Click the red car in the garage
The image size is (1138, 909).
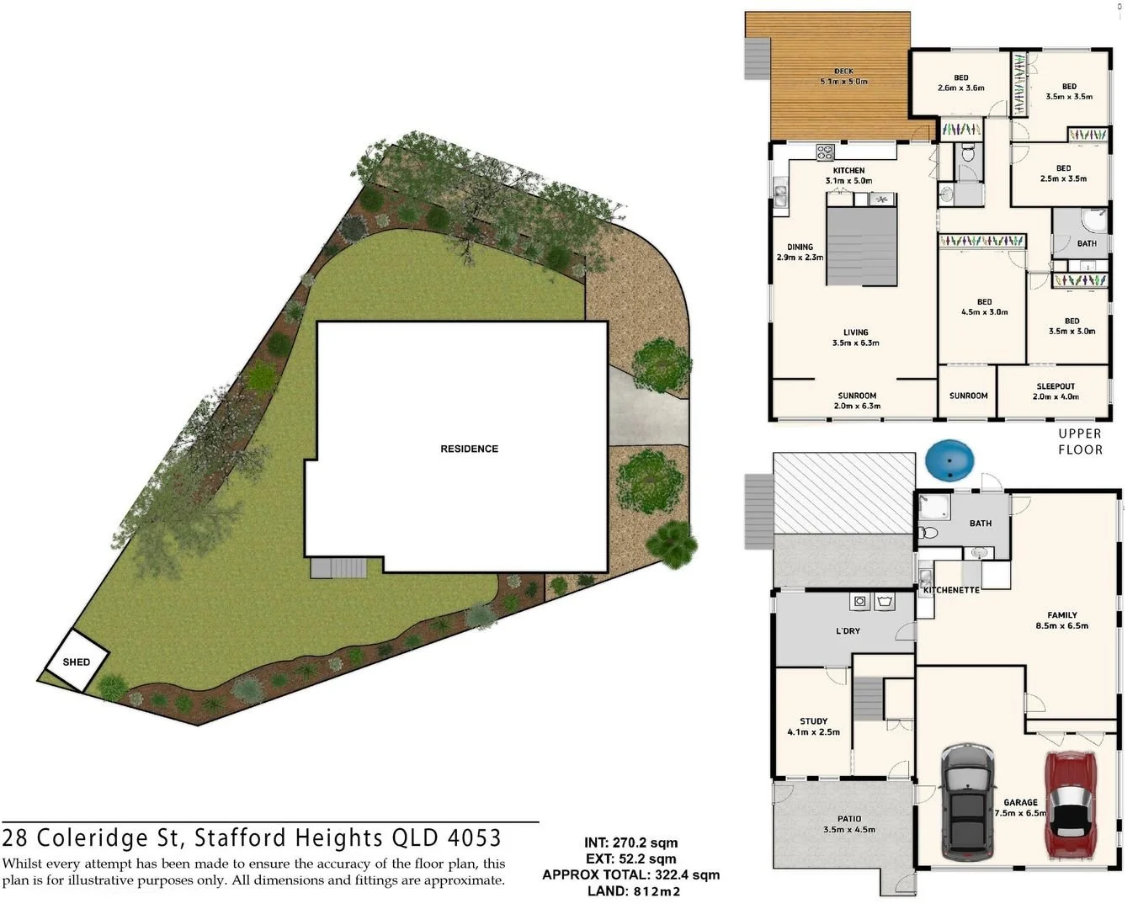pyautogui.click(x=1069, y=804)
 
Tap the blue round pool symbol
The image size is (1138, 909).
pyautogui.click(x=949, y=462)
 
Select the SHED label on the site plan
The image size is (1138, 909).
pyautogui.click(x=77, y=662)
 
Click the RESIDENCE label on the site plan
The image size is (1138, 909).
pyautogui.click(x=469, y=449)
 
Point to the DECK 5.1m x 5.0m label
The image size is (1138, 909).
pyautogui.click(x=843, y=77)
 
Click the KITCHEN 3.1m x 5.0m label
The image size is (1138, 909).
pyautogui.click(x=848, y=175)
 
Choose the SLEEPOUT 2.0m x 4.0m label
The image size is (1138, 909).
pyautogui.click(x=1056, y=391)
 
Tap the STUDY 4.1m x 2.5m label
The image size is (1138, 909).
pyautogui.click(x=813, y=726)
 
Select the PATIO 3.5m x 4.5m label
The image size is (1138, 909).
pyautogui.click(x=848, y=823)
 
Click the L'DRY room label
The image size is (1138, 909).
pyautogui.click(x=848, y=630)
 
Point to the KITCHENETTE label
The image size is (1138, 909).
pyautogui.click(x=951, y=590)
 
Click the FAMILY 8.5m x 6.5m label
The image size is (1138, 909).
pyautogui.click(x=1061, y=620)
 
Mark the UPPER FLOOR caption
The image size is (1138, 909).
pyautogui.click(x=1080, y=442)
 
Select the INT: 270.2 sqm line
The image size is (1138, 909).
pyautogui.click(x=630, y=843)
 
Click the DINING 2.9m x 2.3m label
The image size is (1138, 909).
pyautogui.click(x=800, y=252)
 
